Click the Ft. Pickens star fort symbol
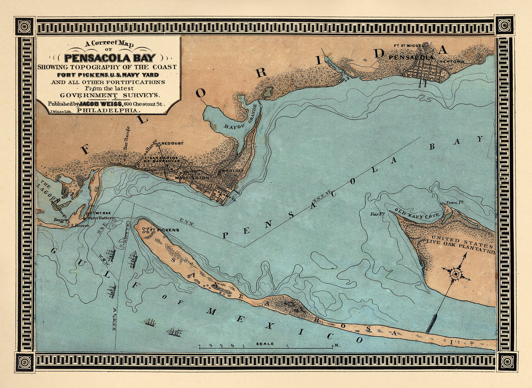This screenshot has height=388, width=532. coord(145,230)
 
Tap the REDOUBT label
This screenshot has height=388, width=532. coord(172,143)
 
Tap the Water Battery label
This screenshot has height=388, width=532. coord(101,218)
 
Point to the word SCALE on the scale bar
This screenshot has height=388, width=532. coord(265,344)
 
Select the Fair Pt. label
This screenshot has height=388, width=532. coord(377,214)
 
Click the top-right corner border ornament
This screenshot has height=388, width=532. coord(504,25)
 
